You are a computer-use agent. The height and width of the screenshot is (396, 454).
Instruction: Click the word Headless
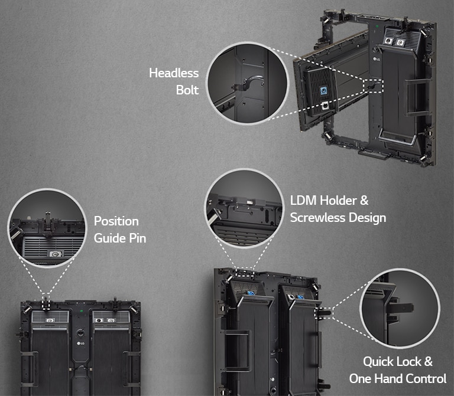174,73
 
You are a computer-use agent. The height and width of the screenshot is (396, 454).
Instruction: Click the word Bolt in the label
187,90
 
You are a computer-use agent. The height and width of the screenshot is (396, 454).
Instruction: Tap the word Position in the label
116,221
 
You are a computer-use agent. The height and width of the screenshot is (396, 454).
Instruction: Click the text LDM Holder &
329,201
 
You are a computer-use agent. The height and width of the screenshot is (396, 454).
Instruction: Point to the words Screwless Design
338,218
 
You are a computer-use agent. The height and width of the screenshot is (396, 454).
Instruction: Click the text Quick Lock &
398,361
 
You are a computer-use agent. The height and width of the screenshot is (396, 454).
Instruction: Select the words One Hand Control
397,378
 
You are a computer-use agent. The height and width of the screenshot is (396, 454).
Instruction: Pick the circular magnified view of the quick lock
400,308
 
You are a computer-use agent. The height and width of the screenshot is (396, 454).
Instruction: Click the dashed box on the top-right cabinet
374,86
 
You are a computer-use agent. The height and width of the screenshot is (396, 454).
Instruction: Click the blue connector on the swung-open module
324,90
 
